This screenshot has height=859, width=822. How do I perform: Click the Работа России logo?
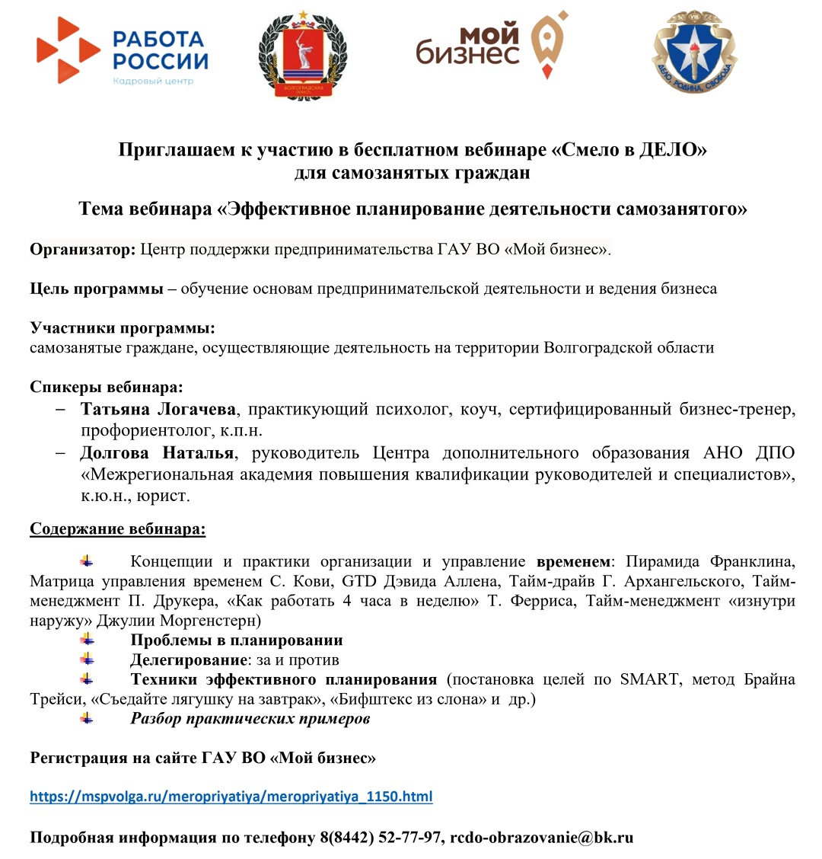[x=122, y=51]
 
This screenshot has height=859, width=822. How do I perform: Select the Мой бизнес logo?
[x=492, y=45]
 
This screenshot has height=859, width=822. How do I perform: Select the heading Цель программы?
[x=97, y=289]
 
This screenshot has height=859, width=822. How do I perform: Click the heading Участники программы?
[x=123, y=328]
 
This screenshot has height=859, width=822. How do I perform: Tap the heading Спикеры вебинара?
[x=107, y=387]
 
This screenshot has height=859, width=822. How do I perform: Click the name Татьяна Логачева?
[x=159, y=410]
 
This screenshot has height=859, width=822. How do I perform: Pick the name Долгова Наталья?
[x=157, y=454]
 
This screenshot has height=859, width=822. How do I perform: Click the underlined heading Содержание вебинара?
[x=117, y=528]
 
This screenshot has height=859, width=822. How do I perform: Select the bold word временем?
[x=574, y=562]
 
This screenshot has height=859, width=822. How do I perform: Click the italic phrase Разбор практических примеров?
[x=250, y=718]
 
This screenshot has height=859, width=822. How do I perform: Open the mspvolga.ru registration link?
[x=231, y=797]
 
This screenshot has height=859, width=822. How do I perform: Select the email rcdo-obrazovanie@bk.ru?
[x=542, y=838]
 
